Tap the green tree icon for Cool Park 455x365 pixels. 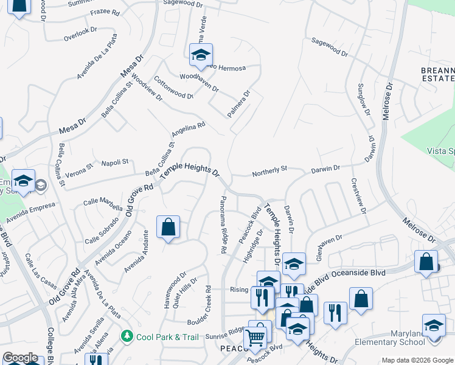point(127,336)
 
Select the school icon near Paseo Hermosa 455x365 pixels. point(200,56)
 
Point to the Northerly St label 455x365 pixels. point(269,174)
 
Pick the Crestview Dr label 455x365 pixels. point(359,196)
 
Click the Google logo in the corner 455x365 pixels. point(20,358)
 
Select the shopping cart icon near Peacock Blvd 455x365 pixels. point(255,336)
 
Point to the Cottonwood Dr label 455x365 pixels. point(173,88)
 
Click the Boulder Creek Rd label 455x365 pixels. point(208,301)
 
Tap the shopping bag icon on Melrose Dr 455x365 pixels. point(426,262)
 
